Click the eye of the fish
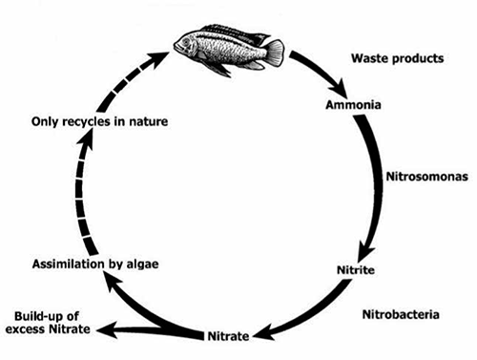tap(185, 42)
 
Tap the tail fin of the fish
tap(275, 53)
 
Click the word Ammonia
tap(353, 105)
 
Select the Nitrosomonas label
tap(427, 177)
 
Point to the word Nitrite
tap(356, 270)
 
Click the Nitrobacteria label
tap(401, 314)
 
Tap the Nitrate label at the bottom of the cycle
tap(228, 336)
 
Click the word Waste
tap(369, 58)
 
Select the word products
tap(418, 59)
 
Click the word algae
tap(142, 265)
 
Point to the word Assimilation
tap(69, 264)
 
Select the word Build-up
tap(47, 316)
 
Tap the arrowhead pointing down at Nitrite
tap(365, 251)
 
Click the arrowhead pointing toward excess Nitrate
tap(107, 330)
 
